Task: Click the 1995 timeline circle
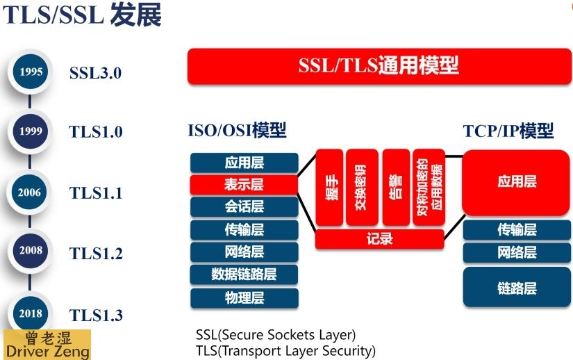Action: coord(31,72)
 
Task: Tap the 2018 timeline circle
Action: coord(31,313)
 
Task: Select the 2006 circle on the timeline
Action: coord(31,193)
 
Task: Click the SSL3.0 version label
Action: coord(95,72)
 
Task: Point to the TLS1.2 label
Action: coord(96,254)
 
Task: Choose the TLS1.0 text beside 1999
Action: coord(96,132)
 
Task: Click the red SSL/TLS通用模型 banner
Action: coord(379,67)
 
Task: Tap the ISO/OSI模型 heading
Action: coord(237,131)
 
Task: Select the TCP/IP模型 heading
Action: coord(508,131)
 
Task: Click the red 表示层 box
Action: coord(244,185)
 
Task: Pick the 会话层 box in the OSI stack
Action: coord(244,207)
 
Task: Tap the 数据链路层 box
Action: coord(244,274)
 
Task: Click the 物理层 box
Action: coord(244,298)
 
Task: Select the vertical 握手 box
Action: coord(329,188)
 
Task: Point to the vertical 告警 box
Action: coord(396,188)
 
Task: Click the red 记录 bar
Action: coord(379,239)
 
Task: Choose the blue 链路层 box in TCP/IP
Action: coord(517,288)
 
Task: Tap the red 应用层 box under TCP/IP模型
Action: coord(517,182)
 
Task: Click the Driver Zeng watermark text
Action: coord(47,351)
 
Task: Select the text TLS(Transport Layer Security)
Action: coord(285,350)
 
